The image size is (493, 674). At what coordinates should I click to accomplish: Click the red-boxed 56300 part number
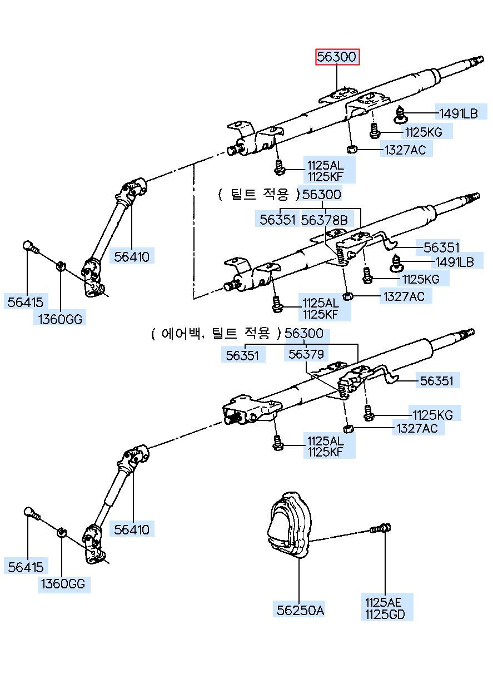tap(337, 57)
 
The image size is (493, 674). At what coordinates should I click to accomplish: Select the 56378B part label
tap(324, 220)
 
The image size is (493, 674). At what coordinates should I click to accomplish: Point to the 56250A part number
tap(301, 610)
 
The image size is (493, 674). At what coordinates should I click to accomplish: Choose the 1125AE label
tap(382, 602)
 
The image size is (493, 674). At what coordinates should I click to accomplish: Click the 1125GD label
tap(385, 614)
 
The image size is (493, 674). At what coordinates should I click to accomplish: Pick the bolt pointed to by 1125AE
tap(380, 529)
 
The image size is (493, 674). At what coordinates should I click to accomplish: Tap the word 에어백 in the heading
tap(179, 334)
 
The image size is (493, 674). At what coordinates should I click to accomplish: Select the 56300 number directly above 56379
tap(303, 334)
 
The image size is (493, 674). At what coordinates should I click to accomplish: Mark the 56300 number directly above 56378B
tap(322, 195)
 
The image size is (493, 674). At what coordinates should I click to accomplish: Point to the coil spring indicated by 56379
tap(344, 391)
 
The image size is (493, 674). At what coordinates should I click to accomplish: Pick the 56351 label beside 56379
tap(242, 354)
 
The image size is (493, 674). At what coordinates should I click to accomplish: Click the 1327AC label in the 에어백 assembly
tap(417, 428)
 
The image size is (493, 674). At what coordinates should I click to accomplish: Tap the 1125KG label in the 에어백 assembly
tap(432, 414)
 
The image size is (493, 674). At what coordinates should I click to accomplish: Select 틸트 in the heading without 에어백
tap(243, 195)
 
